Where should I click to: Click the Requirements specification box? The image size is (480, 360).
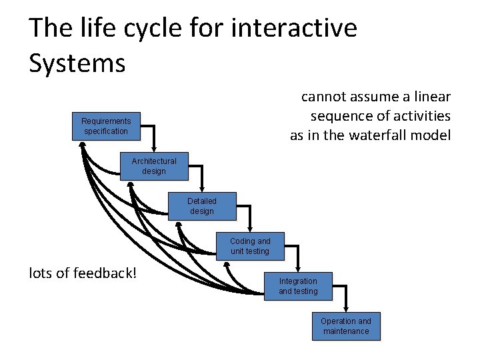106,126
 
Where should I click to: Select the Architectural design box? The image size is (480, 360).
154,166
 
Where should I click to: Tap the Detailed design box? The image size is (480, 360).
202,206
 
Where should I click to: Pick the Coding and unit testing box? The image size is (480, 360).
250,246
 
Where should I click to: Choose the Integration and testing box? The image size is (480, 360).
298,286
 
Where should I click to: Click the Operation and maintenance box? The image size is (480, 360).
346,326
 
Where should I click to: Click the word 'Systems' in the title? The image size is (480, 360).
77,63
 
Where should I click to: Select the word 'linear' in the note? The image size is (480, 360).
431,97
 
